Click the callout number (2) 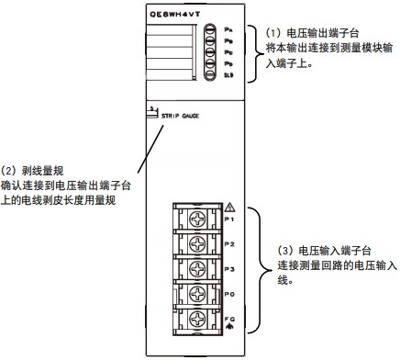(x=13, y=169)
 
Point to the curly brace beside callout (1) (x=255, y=51)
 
